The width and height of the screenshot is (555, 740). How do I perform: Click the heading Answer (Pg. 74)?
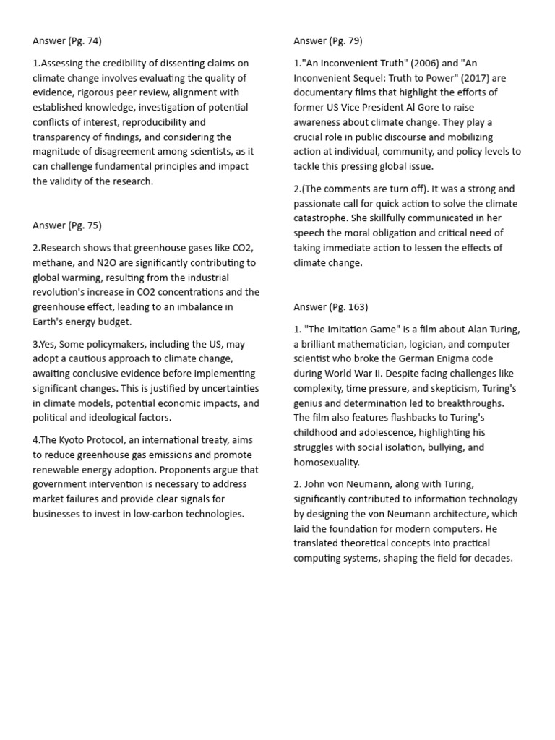coord(72,40)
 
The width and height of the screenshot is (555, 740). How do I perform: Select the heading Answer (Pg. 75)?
coord(72,225)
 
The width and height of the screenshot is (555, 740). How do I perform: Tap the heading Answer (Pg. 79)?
coord(328,40)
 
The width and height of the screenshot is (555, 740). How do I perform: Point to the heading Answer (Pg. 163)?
coord(331,306)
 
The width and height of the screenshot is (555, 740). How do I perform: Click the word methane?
coord(53,263)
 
